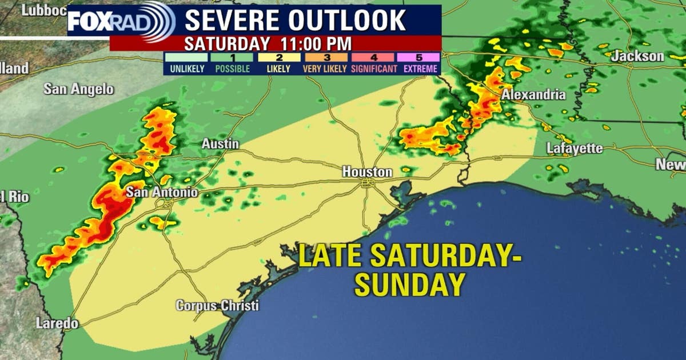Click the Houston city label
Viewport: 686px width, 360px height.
tap(367, 171)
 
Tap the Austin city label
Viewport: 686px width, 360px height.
tap(220, 145)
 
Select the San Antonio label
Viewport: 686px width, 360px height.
tap(162, 192)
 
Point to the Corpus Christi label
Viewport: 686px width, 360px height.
tap(217, 306)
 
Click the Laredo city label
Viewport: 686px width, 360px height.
tap(57, 323)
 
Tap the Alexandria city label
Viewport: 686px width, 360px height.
tap(533, 95)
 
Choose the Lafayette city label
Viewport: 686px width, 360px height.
tap(575, 149)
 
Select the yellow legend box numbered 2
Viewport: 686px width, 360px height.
tap(278, 57)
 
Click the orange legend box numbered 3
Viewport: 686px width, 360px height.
tap(325, 57)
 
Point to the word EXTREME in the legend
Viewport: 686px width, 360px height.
tap(420, 69)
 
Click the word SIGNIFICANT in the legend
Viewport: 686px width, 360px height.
tap(374, 69)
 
